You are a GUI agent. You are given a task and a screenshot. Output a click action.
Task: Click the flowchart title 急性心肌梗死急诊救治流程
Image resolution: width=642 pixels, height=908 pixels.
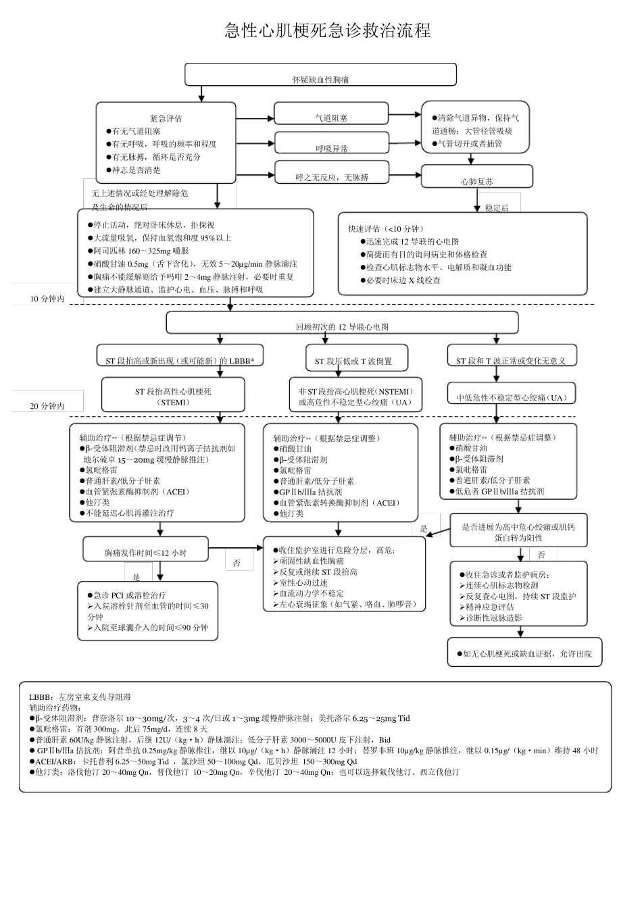[x=327, y=30]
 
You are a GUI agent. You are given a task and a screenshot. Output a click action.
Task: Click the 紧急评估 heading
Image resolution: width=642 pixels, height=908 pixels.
[x=166, y=119]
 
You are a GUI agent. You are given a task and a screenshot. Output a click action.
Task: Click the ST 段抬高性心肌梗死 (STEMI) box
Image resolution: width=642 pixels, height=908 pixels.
[x=172, y=396]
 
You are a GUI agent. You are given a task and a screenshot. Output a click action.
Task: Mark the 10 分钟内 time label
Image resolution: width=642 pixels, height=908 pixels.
[x=47, y=299]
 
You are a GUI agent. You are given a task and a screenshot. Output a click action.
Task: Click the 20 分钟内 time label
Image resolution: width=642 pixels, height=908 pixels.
[x=47, y=406]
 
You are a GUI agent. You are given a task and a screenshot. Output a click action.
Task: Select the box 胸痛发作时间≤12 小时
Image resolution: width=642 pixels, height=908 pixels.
[x=145, y=551]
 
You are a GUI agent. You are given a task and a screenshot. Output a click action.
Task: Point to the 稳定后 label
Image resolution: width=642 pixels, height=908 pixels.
[x=497, y=208]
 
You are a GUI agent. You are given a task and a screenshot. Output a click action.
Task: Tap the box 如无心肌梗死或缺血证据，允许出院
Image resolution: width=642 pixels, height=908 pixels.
[x=524, y=653]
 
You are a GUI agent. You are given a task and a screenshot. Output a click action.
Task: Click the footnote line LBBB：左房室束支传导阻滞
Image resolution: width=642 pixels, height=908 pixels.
[x=80, y=697]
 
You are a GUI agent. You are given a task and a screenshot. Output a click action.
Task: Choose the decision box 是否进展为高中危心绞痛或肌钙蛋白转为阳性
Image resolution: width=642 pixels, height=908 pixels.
[x=518, y=532]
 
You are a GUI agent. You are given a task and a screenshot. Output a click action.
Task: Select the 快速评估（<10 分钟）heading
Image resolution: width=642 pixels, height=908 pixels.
[x=387, y=228]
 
